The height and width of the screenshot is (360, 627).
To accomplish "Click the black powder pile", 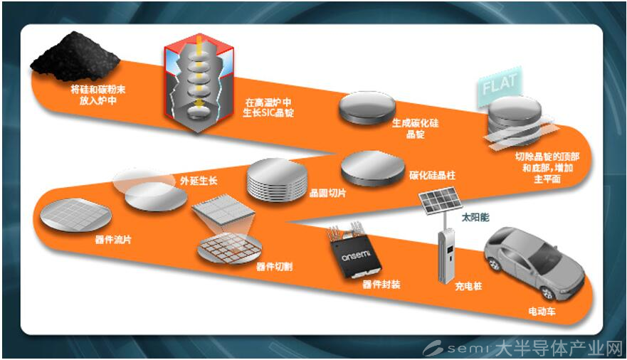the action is coord(75,58).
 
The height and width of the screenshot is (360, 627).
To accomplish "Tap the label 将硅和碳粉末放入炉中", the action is coord(98,95).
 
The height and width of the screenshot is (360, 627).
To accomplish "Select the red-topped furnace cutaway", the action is coord(199,83).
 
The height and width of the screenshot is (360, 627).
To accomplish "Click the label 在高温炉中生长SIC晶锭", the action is coord(268,108).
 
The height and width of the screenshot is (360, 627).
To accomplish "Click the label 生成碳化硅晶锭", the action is coord(416,129).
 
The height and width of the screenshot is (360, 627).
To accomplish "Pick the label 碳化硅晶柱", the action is coord(432,175).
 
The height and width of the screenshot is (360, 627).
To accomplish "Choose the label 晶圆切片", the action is coord(328,194).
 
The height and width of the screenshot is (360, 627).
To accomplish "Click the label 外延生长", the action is coord(199,181).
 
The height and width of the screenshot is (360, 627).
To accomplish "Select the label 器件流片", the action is coord(113,240).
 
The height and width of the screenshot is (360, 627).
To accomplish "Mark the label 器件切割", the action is coord(274,267).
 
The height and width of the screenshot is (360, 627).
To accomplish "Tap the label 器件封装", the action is coord(381,285).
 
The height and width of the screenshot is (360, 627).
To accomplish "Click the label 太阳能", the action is coord(475,218).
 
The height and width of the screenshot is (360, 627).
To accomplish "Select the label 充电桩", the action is coord(468,286).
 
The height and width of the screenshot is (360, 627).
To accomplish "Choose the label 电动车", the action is coord(542,311).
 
